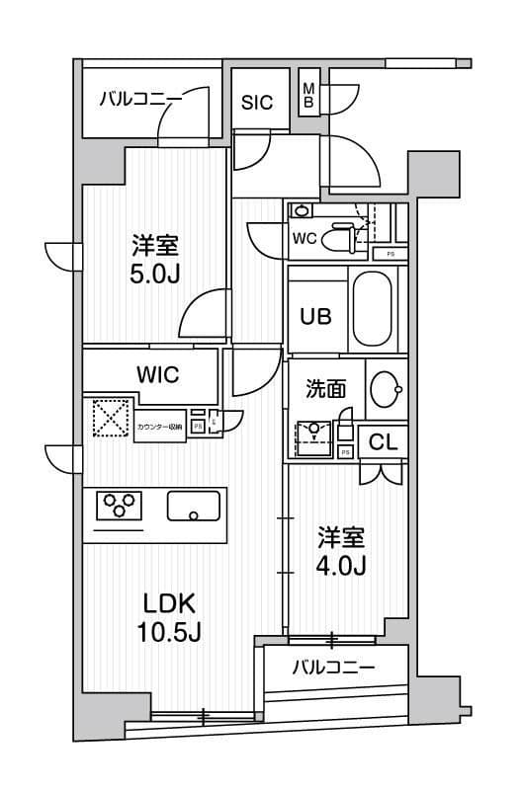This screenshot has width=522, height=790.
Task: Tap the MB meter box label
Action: (308, 94)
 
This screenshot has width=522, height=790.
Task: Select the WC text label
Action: (304, 237)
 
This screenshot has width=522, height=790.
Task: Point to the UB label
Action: (316, 316)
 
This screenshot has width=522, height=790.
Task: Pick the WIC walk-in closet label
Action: (157, 375)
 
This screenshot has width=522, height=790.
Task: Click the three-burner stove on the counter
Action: (119, 506)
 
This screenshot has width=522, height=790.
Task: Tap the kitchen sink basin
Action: (194, 507)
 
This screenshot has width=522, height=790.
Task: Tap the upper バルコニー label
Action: (140, 99)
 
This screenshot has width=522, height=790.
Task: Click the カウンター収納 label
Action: (160, 427)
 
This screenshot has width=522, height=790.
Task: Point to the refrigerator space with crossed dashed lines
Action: (111, 418)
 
